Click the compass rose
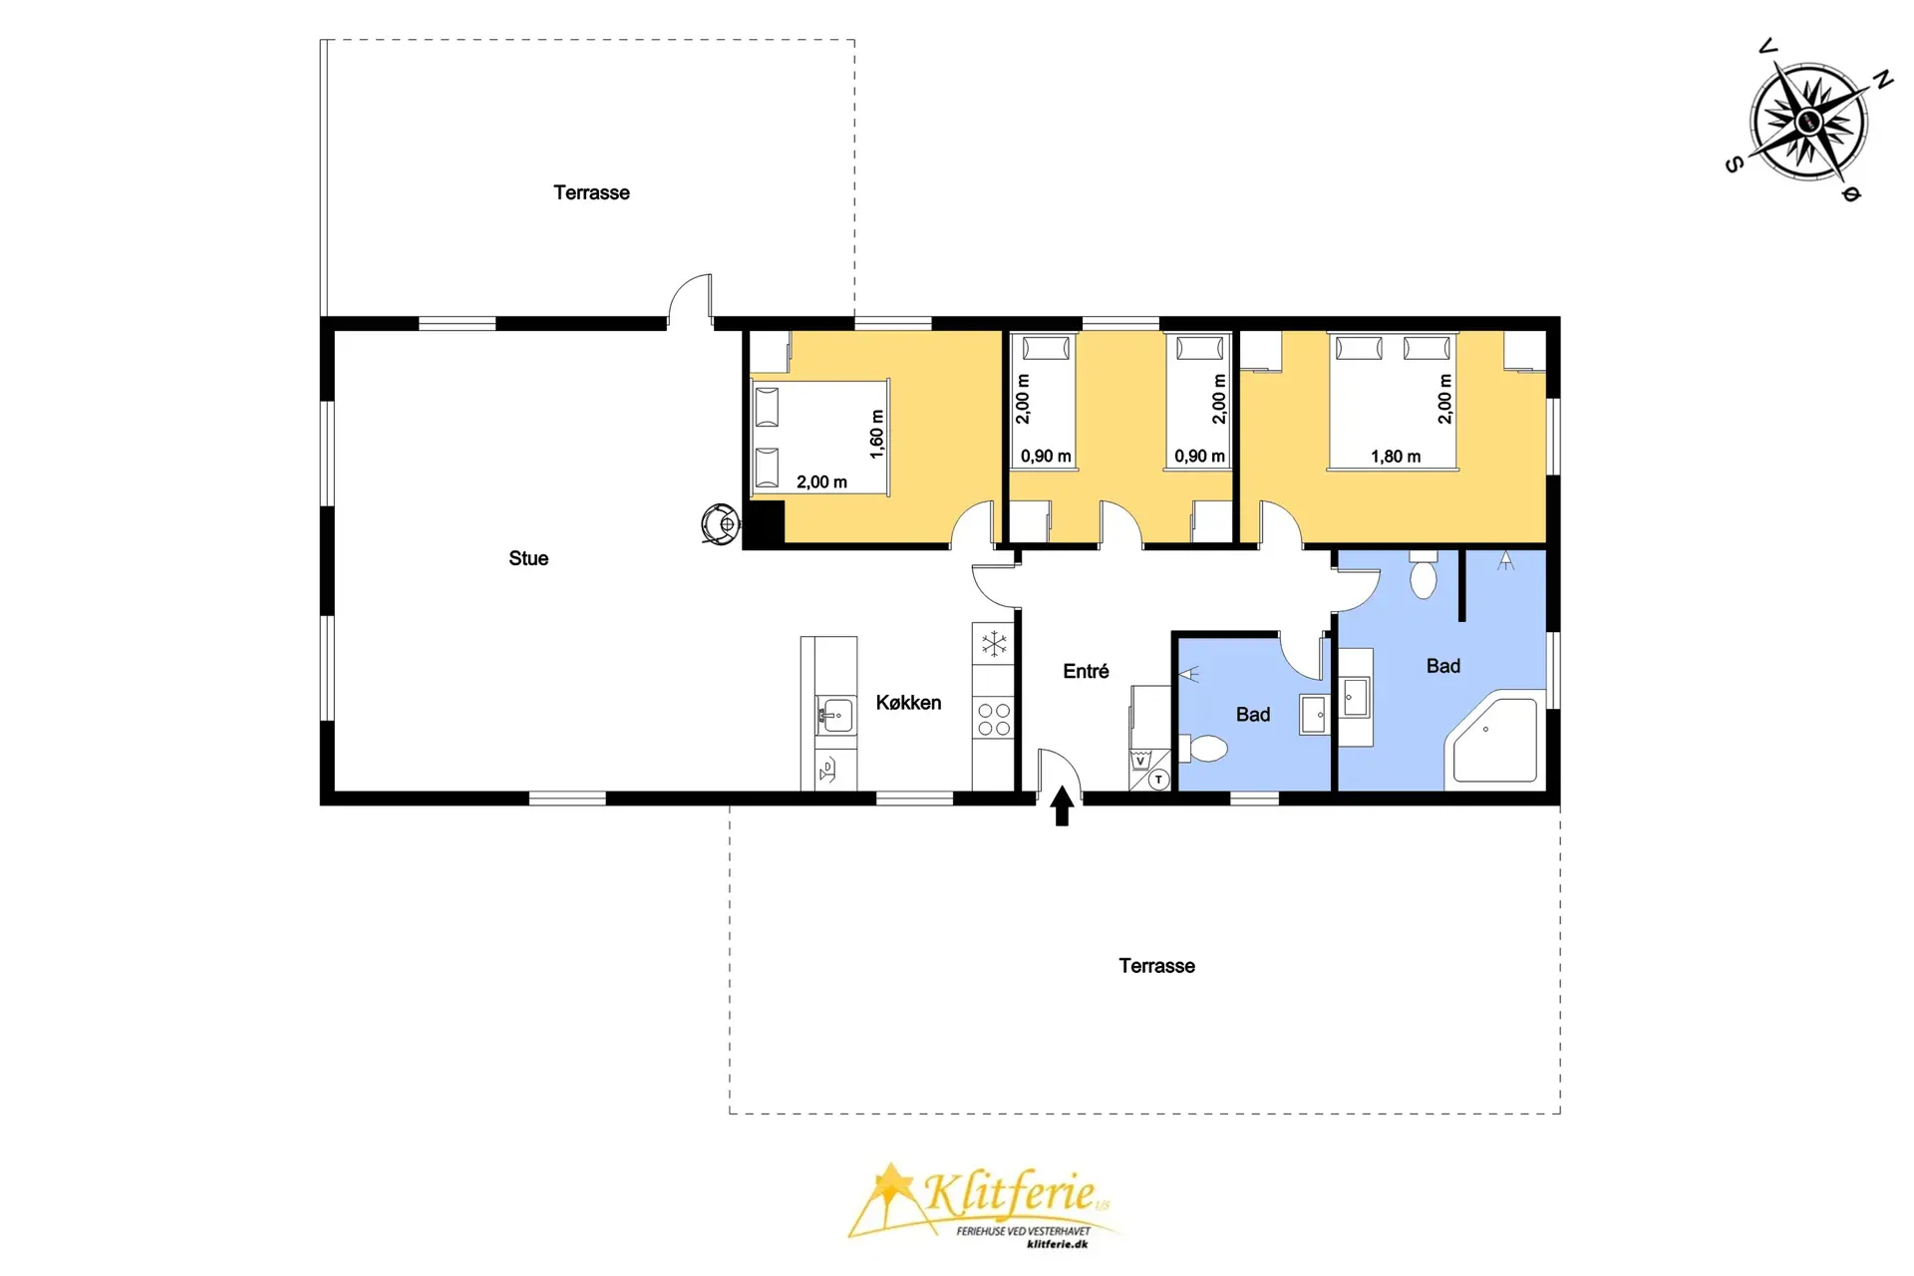point(1809,122)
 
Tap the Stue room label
point(528,558)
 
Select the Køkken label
point(908,703)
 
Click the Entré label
point(1086,671)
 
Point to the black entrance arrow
point(1062,805)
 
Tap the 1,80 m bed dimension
point(1396,457)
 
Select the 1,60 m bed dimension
point(877,434)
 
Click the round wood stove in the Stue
point(720,524)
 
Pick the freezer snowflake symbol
point(994,643)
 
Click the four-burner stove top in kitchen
point(994,719)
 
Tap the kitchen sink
point(835,715)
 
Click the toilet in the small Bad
point(1203,748)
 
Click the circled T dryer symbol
point(1158,780)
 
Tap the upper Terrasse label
point(591,192)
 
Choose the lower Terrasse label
point(1156,966)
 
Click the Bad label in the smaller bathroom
point(1253,715)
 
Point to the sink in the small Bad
point(1315,715)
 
